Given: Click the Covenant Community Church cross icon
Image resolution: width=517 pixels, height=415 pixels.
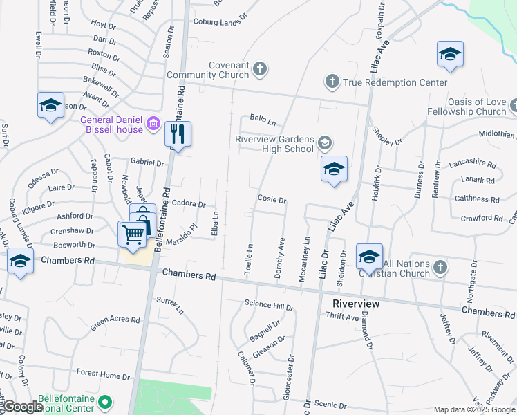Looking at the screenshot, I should point(260,68).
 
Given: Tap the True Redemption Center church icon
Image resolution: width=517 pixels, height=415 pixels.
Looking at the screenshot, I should point(332,82).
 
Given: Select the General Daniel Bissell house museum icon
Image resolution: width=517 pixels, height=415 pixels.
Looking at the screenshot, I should point(153,125).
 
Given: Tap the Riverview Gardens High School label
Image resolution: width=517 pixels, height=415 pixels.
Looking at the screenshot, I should point(274,144).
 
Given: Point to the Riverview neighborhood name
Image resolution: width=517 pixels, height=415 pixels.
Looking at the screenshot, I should point(356,304).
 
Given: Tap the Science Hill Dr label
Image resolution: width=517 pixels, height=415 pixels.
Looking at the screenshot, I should point(270,305).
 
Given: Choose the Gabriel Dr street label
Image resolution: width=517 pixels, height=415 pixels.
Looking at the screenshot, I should point(147,164).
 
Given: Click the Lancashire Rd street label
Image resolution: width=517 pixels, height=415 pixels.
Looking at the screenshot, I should point(473,165).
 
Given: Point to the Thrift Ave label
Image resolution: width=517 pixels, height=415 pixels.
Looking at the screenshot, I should point(342,317).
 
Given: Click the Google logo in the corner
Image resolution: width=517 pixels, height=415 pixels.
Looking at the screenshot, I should point(22,407).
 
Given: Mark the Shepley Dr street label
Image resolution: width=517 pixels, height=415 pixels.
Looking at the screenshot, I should point(387,137).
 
